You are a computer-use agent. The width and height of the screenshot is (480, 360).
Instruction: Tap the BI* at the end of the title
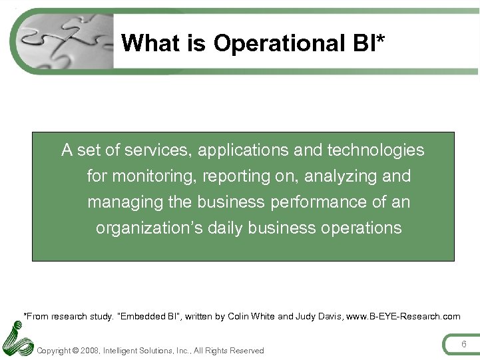pos(367,43)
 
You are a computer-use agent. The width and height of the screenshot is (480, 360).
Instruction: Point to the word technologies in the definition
pos(375,150)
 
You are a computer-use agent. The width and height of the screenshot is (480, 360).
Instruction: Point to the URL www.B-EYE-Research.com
pos(406,316)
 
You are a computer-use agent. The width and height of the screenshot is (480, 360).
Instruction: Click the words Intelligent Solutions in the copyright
pos(139,351)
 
